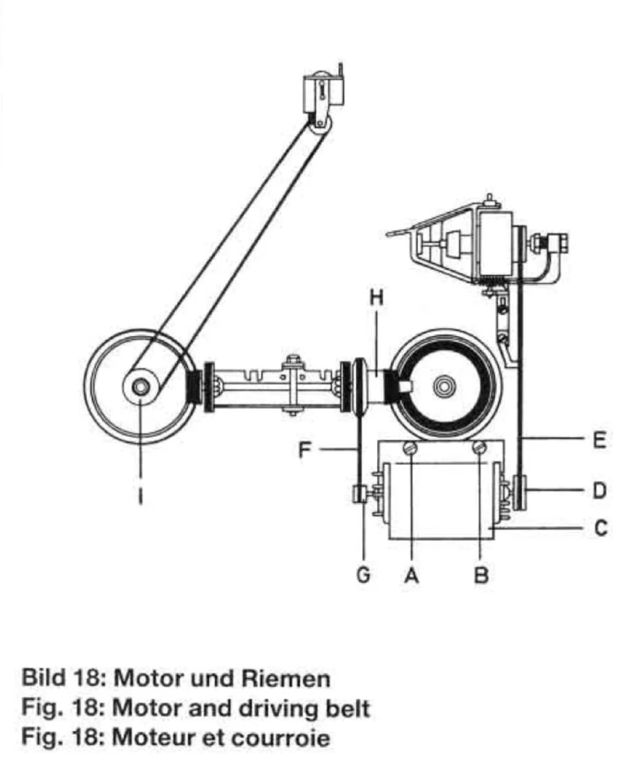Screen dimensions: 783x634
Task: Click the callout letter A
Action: coord(411,575)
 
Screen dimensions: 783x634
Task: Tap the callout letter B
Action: coord(480,575)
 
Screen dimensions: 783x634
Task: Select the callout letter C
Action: coord(600,527)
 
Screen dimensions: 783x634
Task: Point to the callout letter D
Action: coord(600,491)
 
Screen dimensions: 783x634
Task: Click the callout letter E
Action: coord(600,440)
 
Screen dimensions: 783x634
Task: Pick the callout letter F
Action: coord(305,450)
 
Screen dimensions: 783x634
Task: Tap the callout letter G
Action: coord(363,575)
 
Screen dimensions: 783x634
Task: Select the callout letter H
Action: coord(377,298)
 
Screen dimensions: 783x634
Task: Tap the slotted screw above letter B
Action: coord(480,448)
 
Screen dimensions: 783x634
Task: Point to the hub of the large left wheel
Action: coord(140,386)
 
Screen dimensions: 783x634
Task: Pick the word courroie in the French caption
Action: coord(280,738)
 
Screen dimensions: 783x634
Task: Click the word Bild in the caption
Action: coord(43,678)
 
